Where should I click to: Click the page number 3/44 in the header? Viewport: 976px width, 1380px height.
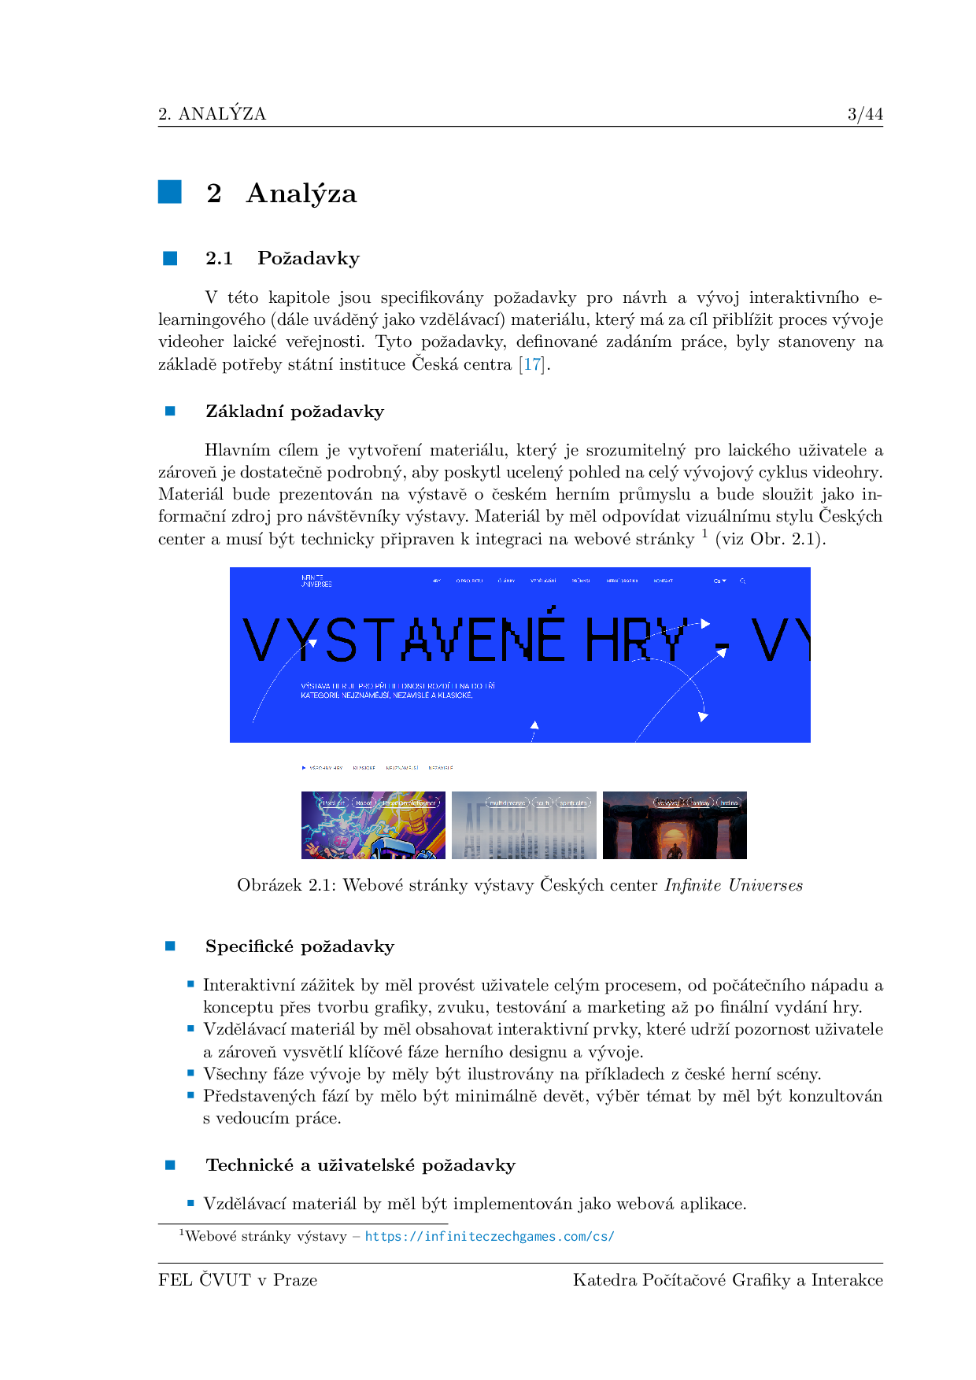tap(865, 114)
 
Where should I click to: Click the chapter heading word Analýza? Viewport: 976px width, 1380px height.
tap(301, 194)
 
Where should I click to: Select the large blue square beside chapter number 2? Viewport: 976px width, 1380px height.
tap(170, 192)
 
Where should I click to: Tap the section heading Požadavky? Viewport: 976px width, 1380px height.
tap(309, 258)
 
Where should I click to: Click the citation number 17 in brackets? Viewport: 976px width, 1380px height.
tap(533, 364)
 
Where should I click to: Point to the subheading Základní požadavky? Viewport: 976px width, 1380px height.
tap(294, 411)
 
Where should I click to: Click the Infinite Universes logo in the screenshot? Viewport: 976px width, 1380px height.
tap(316, 581)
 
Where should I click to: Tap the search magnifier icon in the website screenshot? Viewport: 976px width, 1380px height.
tap(742, 581)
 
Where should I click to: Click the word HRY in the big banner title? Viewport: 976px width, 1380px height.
tap(634, 640)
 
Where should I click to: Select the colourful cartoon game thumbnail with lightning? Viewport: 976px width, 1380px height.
tap(373, 825)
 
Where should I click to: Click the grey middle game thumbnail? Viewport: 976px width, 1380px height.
tap(523, 825)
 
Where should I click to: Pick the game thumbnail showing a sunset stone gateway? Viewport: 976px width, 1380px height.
tap(675, 825)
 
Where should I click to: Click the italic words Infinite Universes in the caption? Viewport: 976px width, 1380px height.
tap(734, 885)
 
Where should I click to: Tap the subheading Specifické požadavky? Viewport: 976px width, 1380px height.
tap(299, 946)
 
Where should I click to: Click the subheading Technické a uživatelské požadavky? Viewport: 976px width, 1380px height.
tap(360, 1165)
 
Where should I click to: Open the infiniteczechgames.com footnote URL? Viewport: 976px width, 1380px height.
tap(490, 1236)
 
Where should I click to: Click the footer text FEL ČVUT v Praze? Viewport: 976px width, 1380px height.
tap(238, 1280)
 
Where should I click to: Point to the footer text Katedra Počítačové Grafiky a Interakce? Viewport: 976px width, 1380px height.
tap(727, 1280)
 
